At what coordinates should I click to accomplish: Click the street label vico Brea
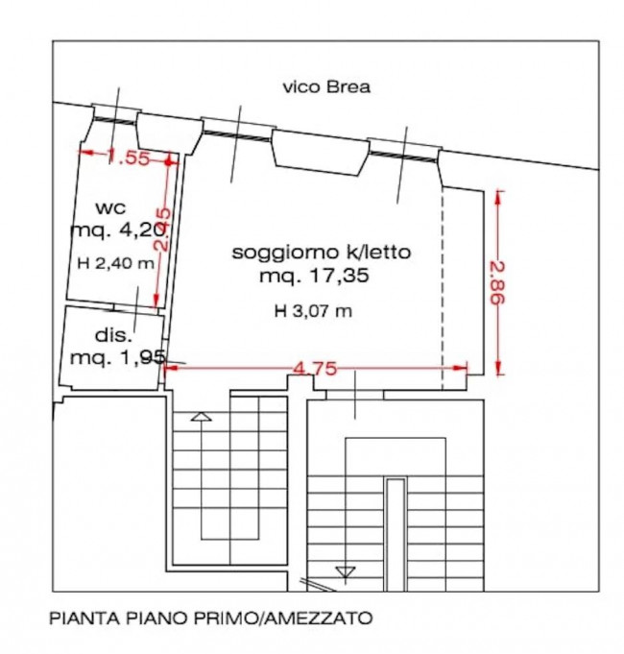click(x=326, y=87)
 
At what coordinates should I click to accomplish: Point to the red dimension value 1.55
click(x=129, y=157)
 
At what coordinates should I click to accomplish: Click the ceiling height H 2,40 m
click(x=115, y=264)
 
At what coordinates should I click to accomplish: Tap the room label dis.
click(x=112, y=335)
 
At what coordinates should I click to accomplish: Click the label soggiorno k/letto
click(x=322, y=254)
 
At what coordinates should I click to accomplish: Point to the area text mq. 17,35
click(x=314, y=277)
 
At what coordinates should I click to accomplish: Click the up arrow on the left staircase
click(x=201, y=417)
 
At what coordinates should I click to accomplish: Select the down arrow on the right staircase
click(x=346, y=572)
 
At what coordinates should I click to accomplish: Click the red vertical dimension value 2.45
click(x=164, y=230)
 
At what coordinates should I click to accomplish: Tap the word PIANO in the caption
click(x=158, y=619)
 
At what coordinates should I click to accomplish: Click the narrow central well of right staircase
click(x=395, y=533)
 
